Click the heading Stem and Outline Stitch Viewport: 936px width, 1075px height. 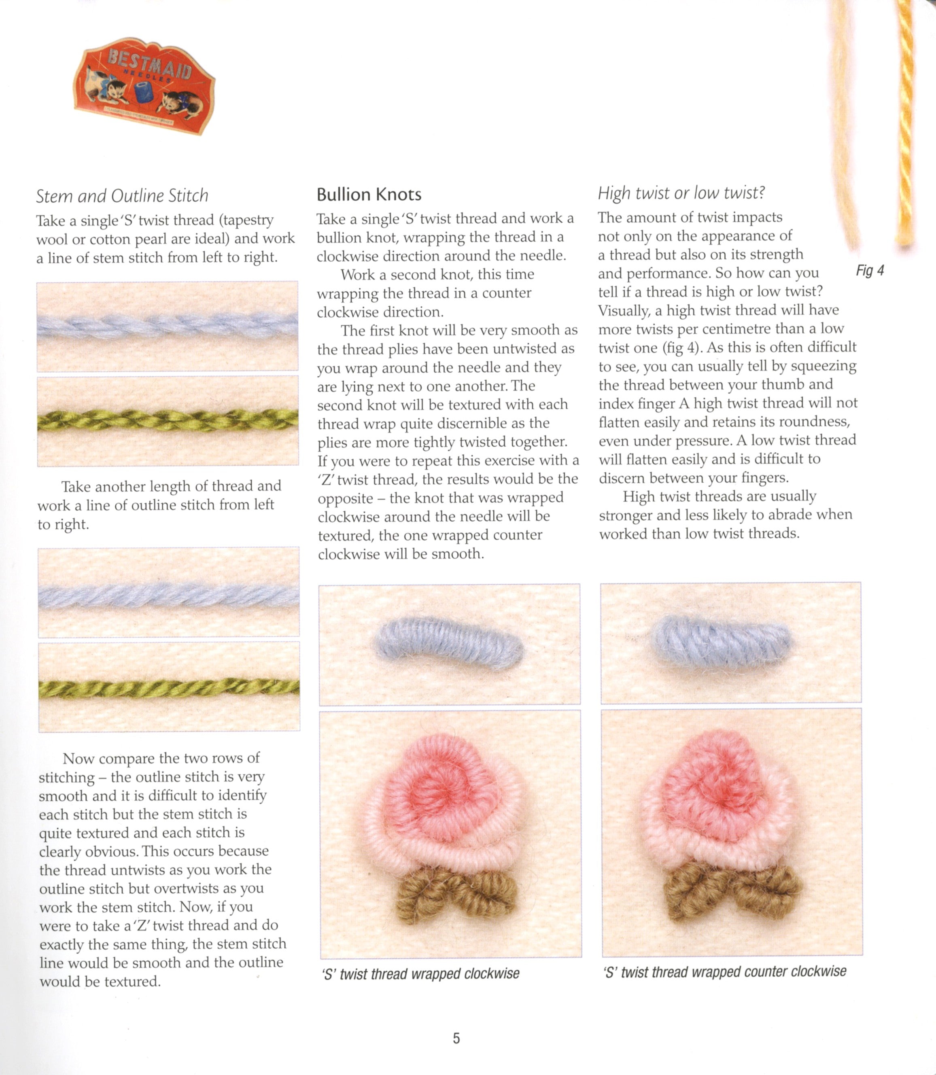122,196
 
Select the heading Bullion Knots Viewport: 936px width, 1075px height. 369,195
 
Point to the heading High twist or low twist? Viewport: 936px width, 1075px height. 681,193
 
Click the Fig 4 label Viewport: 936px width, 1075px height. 870,270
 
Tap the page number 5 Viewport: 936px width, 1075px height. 456,1038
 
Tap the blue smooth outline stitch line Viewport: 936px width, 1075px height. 168,596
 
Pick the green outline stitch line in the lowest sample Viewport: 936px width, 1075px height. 168,689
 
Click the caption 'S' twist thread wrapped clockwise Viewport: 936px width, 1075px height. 421,974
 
